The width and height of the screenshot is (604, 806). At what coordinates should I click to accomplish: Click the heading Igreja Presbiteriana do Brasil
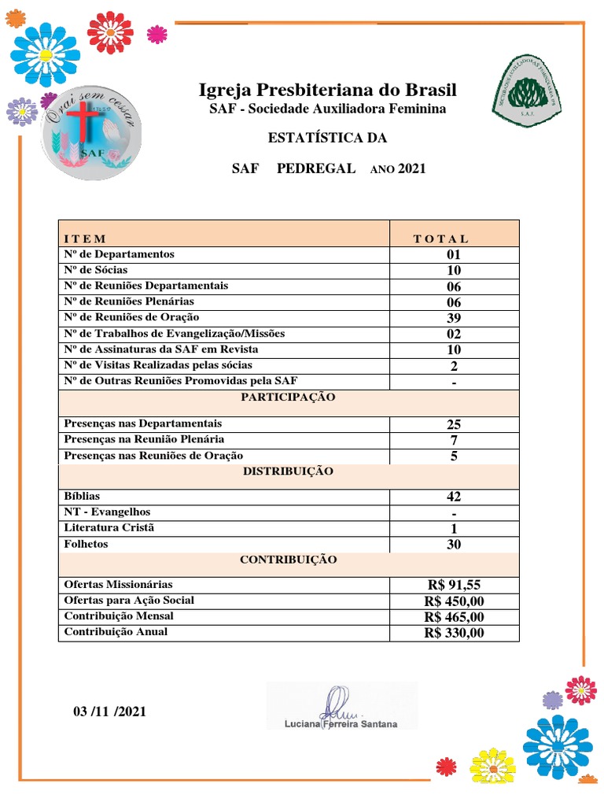[327, 90]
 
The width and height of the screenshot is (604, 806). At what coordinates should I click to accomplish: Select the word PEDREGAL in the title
[316, 168]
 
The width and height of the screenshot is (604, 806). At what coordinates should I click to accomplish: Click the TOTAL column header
[440, 238]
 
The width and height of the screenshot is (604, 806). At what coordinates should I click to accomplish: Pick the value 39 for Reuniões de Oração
[454, 318]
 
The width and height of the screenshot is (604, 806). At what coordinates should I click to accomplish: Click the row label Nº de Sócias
[96, 270]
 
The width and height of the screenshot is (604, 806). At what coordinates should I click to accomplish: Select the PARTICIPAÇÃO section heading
[288, 397]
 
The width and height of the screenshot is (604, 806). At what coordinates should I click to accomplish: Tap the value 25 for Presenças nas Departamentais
[454, 424]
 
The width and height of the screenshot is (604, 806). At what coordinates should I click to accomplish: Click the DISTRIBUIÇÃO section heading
[288, 471]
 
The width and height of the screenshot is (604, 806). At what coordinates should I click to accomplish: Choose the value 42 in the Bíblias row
[454, 497]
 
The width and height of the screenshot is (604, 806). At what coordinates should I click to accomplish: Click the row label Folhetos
[87, 544]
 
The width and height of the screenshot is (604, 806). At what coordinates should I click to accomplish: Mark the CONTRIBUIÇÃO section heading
[288, 560]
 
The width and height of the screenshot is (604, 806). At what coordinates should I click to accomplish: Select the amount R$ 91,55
[455, 585]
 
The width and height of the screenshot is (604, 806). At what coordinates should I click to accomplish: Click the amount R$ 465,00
[455, 617]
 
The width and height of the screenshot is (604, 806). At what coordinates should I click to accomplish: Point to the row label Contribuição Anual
[116, 632]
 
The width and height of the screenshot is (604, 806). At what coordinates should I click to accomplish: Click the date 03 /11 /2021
[109, 712]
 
